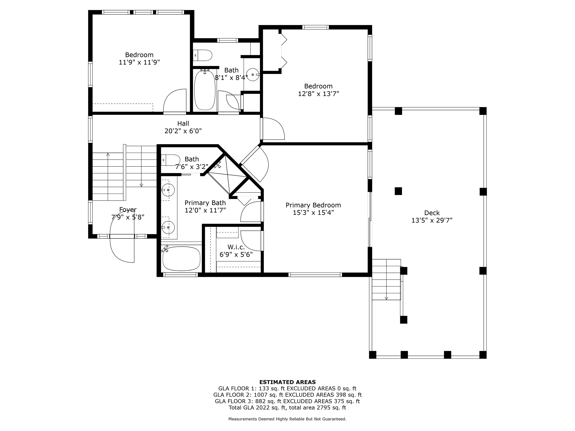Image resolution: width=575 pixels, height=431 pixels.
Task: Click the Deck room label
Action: point(432,213)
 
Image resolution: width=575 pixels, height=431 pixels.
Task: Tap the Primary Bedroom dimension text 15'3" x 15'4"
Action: point(313,213)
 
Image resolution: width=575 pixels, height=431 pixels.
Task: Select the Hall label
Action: point(183,123)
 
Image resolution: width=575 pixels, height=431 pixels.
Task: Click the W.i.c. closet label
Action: point(236,247)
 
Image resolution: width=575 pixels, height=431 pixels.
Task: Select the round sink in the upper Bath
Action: point(253,75)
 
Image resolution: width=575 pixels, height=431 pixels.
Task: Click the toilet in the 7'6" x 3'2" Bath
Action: point(171,160)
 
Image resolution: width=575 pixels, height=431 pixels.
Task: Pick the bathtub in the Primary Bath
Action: point(181,259)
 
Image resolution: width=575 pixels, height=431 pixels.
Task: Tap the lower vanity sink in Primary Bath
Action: point(168,227)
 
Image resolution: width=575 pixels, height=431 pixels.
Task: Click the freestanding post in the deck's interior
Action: point(398,191)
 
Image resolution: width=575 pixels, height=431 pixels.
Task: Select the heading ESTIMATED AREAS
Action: point(287,382)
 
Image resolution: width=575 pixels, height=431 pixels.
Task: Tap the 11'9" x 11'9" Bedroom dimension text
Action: point(139,62)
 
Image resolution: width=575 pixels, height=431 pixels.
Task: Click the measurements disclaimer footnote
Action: point(287,419)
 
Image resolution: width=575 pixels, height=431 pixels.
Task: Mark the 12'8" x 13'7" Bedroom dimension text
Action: point(318,94)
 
